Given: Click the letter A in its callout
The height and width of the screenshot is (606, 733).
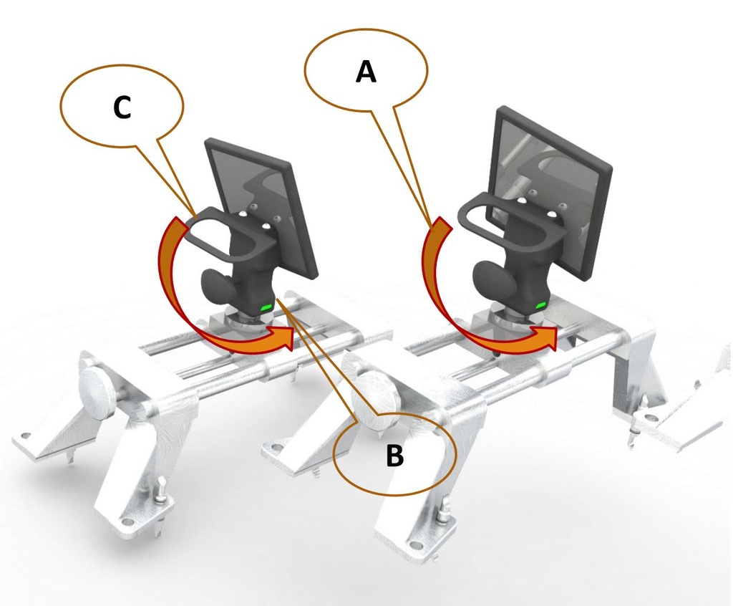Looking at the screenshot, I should tap(366, 72).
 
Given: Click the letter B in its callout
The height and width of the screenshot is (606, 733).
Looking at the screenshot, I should tap(394, 456).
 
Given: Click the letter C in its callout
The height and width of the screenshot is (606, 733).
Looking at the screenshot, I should tap(122, 107).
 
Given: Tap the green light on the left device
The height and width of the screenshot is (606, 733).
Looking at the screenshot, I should tap(266, 307).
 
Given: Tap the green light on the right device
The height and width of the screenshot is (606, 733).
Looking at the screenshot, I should tap(539, 306).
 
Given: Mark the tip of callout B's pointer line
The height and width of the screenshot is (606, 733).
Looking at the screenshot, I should tap(276, 301).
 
